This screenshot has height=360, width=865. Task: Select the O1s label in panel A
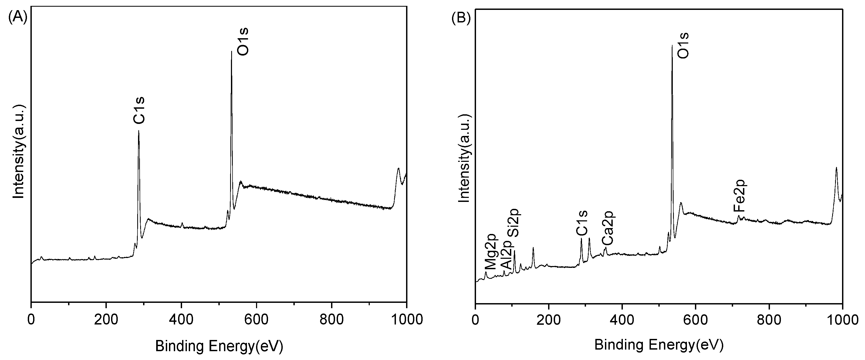[x=242, y=42]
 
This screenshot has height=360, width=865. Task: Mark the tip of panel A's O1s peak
[x=231, y=51]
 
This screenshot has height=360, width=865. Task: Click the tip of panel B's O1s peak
[x=672, y=55]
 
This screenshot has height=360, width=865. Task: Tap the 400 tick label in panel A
[x=181, y=320]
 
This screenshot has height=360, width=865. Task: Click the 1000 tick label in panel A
[x=406, y=320]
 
